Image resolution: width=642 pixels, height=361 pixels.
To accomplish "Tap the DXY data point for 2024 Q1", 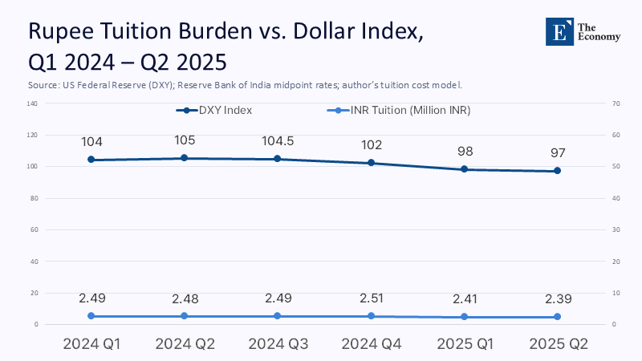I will point(91,160).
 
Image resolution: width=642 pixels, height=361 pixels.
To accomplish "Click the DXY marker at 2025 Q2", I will point(557,171).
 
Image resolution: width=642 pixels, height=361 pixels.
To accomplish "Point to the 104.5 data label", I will point(278,141).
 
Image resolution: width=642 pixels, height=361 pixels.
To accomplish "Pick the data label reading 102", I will point(371,145).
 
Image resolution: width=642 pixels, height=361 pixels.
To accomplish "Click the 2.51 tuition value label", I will point(371,298).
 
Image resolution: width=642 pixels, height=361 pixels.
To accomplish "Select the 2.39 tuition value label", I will point(557,298).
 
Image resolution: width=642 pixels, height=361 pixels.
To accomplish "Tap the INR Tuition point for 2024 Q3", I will point(278,316).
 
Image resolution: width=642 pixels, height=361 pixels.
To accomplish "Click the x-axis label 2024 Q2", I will point(185,344).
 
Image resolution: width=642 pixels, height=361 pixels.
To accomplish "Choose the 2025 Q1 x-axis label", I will point(464,344).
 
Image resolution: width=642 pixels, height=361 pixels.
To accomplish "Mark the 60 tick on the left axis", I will point(34,229).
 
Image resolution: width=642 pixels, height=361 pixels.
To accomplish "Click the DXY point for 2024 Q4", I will point(371,163).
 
